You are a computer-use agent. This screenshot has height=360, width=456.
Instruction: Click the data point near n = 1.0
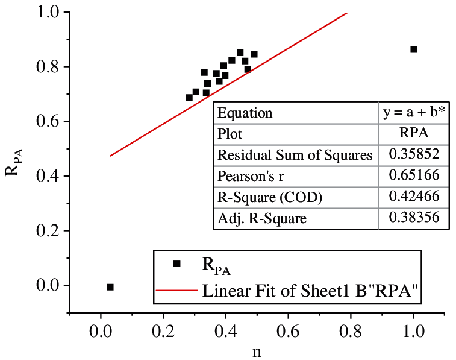[x=413, y=49]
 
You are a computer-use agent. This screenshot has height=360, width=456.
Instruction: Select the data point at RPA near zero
[x=110, y=287]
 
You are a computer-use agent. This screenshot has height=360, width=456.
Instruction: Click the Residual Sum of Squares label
[x=295, y=155]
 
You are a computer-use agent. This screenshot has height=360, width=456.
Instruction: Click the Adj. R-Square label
[x=261, y=218]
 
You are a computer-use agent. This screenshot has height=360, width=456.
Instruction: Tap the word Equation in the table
[x=245, y=113]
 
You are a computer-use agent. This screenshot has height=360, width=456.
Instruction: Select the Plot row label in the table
[x=230, y=134]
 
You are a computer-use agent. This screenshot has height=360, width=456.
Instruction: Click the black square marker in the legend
[x=176, y=264]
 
